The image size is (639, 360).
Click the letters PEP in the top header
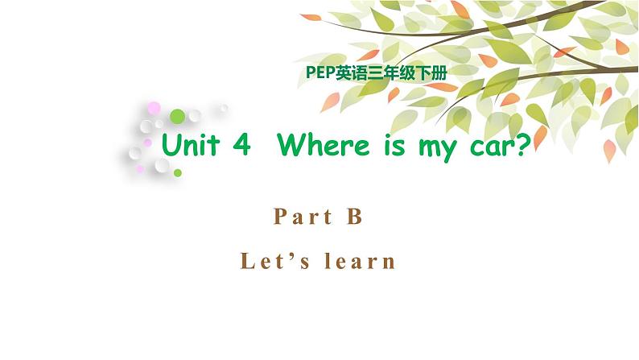(321, 71)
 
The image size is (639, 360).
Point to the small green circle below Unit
(177, 172)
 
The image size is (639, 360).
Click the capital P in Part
(279, 216)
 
